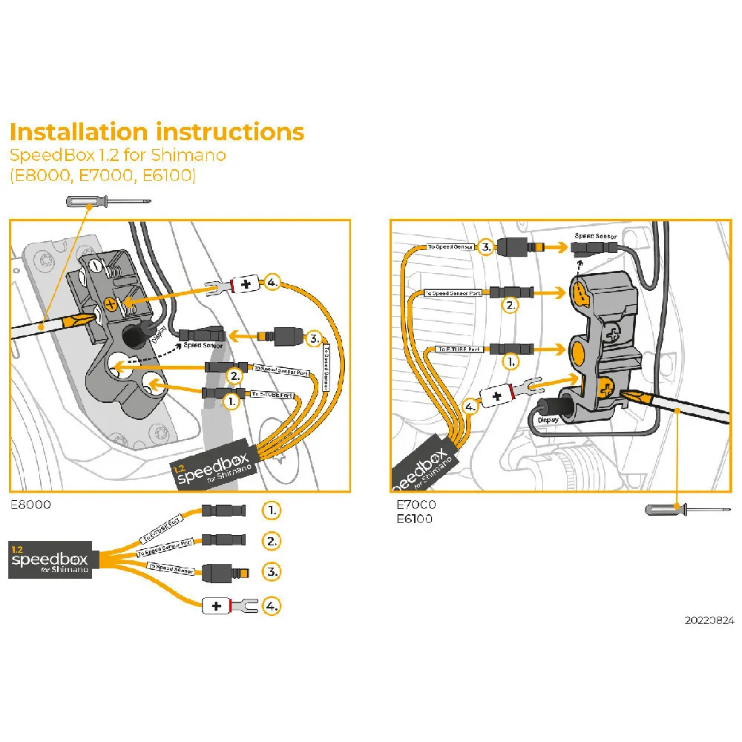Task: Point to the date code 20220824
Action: point(709,620)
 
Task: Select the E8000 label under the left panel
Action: point(30,504)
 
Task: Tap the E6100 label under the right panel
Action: point(414,518)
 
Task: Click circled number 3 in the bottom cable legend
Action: point(272,572)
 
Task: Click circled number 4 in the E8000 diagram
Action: point(272,283)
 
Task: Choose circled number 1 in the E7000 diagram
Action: point(510,361)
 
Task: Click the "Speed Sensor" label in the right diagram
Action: point(595,236)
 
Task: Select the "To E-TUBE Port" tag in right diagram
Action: point(459,349)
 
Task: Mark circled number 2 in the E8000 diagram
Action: point(235,376)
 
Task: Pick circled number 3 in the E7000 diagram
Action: point(485,246)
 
